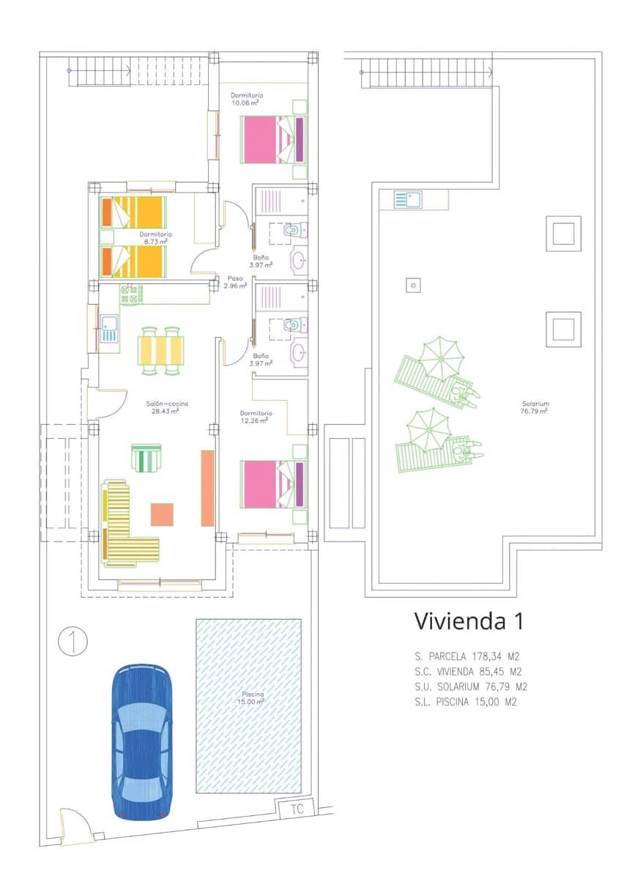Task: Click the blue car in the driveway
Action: click(142, 741)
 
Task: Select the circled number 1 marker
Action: click(72, 641)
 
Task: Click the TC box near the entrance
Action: click(297, 809)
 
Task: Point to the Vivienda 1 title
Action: click(469, 621)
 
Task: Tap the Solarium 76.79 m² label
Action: click(535, 407)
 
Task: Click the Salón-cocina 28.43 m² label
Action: click(165, 407)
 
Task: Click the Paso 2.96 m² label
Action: click(235, 282)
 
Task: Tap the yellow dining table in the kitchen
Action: click(162, 351)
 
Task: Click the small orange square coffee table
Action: click(162, 514)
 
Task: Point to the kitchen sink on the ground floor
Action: click(110, 328)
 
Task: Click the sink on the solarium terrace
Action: click(407, 199)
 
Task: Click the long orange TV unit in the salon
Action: click(207, 488)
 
